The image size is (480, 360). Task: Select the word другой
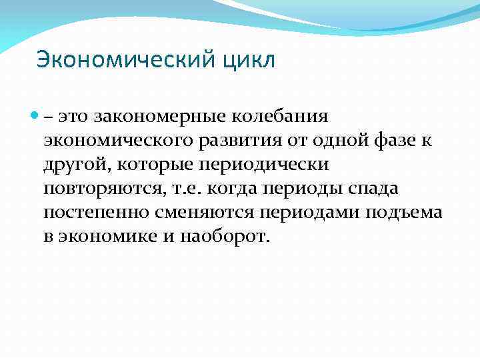tap(75, 165)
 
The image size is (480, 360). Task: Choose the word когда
tap(234, 189)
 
